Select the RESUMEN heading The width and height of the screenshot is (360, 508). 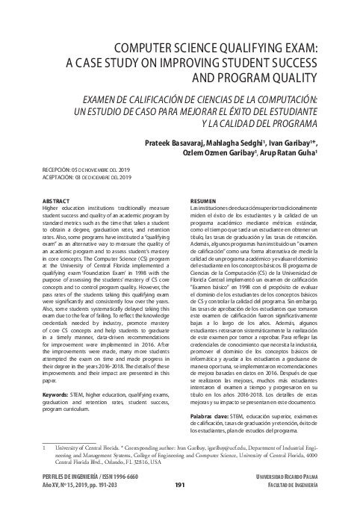pos(205,202)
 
